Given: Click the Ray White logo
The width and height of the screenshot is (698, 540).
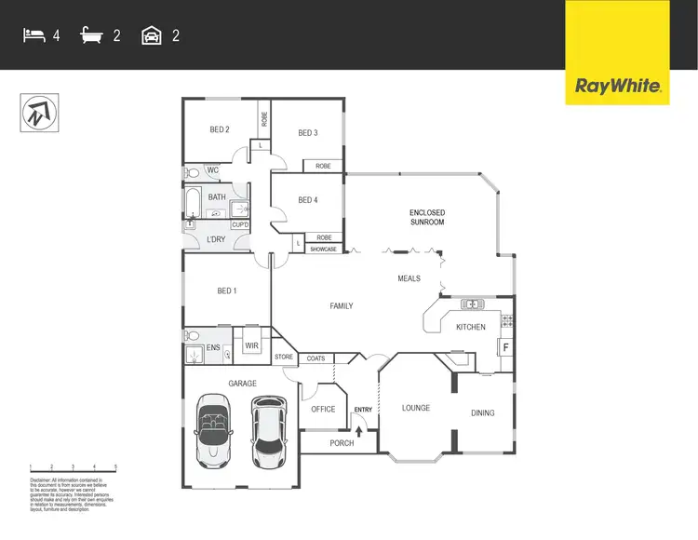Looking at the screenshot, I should pos(618,87).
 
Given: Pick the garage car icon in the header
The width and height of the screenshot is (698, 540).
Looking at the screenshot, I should pos(152,36).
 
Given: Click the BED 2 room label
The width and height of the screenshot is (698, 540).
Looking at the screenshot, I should pos(220,130).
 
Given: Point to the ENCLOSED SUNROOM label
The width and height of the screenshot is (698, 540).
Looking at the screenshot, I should pos(427,218).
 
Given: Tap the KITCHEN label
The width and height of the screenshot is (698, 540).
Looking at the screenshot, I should pos(470,328).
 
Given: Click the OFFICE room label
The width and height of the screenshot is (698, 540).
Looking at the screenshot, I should pos(323,410).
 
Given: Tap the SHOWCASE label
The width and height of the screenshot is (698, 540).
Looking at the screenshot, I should pos(323,250).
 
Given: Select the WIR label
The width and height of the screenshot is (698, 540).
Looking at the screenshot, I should pos(250,346).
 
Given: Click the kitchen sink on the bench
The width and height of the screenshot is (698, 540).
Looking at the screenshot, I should pos(472,304).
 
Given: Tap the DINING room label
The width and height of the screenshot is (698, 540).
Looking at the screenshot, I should pos(482,413).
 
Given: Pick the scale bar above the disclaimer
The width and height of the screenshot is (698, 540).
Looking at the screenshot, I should pos(73,468).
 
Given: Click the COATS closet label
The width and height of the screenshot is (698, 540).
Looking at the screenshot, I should pos(315,358).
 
